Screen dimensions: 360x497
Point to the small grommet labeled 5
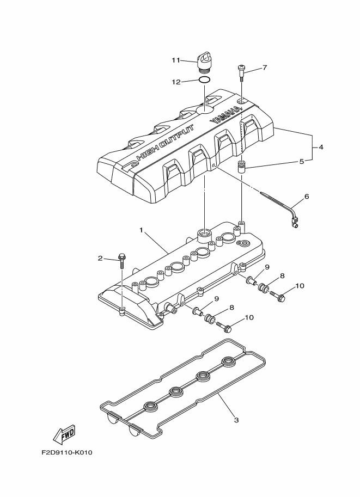coord(242,166)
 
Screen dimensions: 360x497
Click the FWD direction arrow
coord(63,434)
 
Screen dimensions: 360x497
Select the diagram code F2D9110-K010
coord(67,452)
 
